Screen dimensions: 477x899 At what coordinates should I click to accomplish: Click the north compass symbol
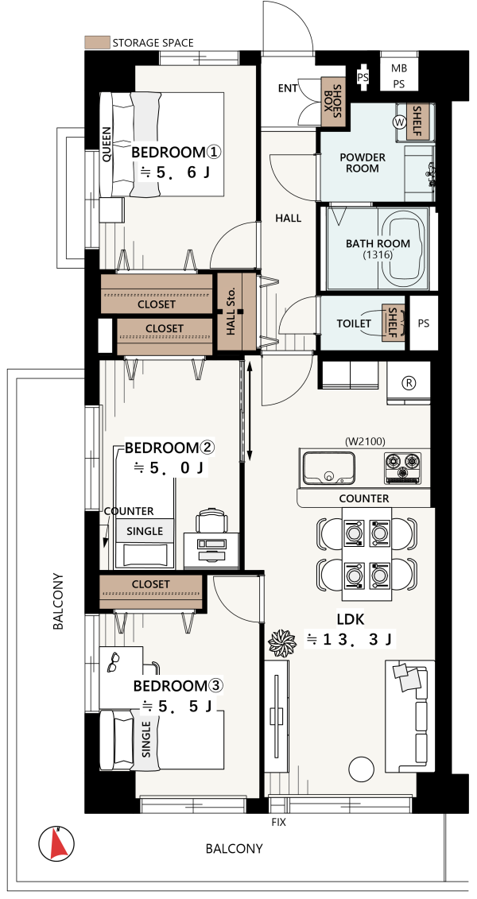[56, 843]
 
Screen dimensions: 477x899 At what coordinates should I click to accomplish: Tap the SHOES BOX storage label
[332, 102]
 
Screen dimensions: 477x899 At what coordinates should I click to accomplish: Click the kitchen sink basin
[329, 468]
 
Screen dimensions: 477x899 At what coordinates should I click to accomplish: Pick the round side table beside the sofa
[363, 769]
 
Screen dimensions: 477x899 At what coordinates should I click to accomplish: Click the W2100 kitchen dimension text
[365, 441]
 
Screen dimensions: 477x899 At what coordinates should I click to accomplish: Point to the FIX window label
[278, 822]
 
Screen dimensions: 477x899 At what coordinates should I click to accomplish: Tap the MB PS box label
[397, 75]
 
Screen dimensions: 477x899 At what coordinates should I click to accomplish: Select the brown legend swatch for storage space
[96, 42]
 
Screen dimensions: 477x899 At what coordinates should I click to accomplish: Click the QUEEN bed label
[107, 145]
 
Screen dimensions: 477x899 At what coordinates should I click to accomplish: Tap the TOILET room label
[353, 324]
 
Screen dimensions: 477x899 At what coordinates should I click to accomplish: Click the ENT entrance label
[288, 88]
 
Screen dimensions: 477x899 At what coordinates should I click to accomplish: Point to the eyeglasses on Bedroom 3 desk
[114, 664]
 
